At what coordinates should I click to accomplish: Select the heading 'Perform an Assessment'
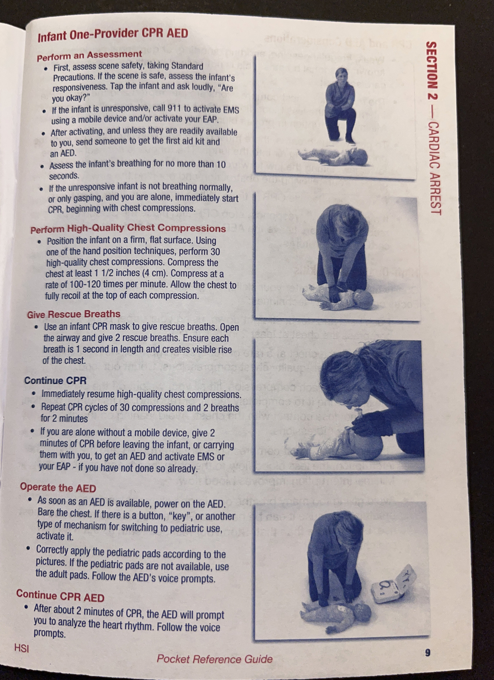point(89,55)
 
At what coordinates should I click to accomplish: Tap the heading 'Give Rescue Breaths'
point(73,314)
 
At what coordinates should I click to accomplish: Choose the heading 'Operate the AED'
point(58,487)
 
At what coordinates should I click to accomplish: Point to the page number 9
point(427,652)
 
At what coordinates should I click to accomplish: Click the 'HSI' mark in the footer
point(21,648)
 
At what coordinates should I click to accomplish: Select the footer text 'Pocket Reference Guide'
point(215,659)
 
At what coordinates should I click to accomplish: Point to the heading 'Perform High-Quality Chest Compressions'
point(128,229)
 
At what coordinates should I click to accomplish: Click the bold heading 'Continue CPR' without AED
point(55,380)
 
